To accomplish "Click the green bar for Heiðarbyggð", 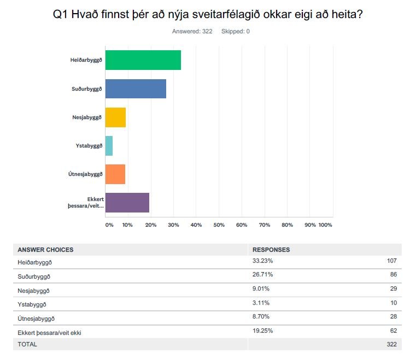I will point(143,60).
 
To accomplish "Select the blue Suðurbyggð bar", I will point(136,88).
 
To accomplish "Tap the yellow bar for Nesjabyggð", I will point(115,117).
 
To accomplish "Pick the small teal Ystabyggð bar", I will point(109,146).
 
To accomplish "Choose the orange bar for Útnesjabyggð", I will point(115,174).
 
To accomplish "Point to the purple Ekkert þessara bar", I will point(127,203).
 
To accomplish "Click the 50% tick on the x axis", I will point(219,225).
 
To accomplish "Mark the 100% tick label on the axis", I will point(325,225).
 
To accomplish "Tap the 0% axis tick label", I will point(109,225).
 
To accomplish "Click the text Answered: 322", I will point(192,31).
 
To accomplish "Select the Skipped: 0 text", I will point(236,31).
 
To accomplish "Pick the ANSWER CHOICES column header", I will point(45,250).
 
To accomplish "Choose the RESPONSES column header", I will point(271,250).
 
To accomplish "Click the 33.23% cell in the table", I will point(262,261).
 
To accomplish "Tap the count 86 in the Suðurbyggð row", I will point(393,275).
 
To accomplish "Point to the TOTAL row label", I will point(28,345).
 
